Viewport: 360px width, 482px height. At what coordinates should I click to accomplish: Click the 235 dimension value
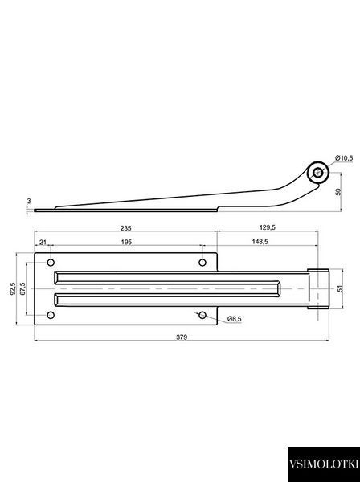coord(125,228)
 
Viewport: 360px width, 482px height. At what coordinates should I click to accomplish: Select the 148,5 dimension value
coord(260,242)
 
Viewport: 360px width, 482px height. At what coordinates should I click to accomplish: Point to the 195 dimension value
coord(126,243)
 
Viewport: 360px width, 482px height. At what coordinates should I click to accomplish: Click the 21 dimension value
coord(43,243)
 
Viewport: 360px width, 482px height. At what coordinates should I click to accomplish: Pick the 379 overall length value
coord(182,337)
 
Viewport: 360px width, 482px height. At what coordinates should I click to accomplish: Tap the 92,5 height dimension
coord(12,288)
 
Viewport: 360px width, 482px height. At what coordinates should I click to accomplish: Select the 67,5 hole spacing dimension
coord(22,288)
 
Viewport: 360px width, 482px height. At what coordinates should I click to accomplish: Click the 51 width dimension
coord(340,288)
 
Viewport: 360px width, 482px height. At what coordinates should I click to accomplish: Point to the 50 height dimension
coord(338,192)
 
